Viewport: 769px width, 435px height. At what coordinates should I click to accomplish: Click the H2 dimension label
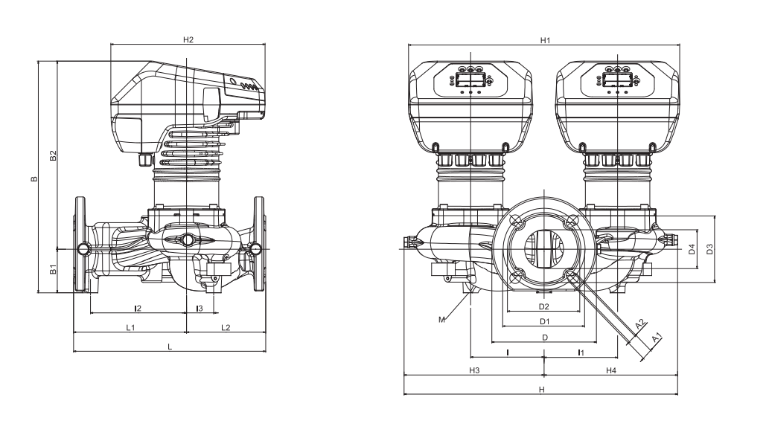pyautogui.click(x=188, y=39)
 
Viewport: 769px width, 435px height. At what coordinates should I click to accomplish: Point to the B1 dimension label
pyautogui.click(x=53, y=270)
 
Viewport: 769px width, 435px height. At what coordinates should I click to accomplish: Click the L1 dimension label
pyautogui.click(x=130, y=327)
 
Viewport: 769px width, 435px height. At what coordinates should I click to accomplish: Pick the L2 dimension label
pyautogui.click(x=226, y=327)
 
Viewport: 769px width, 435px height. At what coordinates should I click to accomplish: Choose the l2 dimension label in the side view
pyautogui.click(x=138, y=307)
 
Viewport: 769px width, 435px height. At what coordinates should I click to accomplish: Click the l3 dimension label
pyautogui.click(x=199, y=307)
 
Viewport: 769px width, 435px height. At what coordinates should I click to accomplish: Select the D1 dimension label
pyautogui.click(x=544, y=322)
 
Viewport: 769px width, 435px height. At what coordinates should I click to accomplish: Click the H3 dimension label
pyautogui.click(x=473, y=370)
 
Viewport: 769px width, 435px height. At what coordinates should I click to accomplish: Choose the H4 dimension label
pyautogui.click(x=610, y=370)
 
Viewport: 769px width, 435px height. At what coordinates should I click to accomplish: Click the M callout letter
pyautogui.click(x=441, y=320)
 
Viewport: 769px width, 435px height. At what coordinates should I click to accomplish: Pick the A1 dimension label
pyautogui.click(x=656, y=338)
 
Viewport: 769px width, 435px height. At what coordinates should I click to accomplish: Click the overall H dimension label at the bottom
pyautogui.click(x=542, y=389)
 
